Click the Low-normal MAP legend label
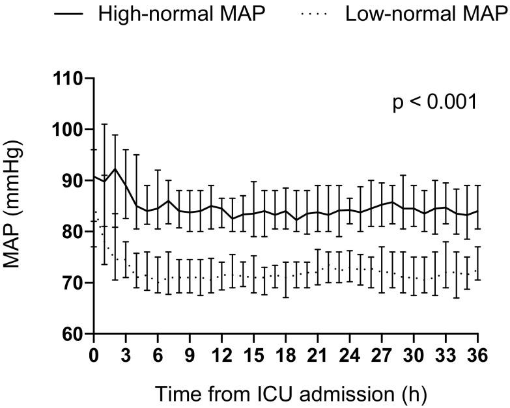[x=426, y=15]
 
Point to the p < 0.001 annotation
[x=435, y=102]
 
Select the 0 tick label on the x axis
[x=94, y=358]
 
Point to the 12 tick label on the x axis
[x=223, y=358]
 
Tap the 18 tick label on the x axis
[x=287, y=358]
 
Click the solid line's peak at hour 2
[x=116, y=169]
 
